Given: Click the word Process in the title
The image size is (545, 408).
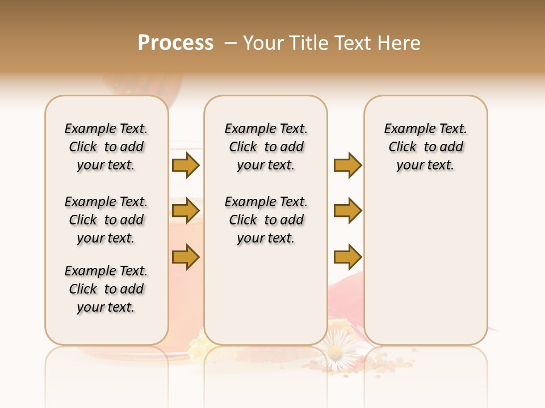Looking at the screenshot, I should [175, 42].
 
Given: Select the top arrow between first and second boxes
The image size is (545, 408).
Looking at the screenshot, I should [186, 165].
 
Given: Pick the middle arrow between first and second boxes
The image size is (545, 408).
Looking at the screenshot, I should [186, 211].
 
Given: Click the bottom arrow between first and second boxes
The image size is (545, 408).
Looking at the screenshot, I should [186, 257].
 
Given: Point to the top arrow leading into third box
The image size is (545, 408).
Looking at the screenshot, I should [347, 165].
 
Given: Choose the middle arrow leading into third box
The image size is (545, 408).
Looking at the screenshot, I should [347, 211].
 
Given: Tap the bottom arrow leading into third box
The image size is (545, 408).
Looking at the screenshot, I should [347, 257].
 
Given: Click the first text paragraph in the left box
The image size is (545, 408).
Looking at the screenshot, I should [106, 147].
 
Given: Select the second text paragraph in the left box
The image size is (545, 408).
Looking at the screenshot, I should [106, 220].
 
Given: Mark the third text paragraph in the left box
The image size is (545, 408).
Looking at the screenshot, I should [106, 289].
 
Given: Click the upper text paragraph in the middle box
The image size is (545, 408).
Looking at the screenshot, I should [266, 147].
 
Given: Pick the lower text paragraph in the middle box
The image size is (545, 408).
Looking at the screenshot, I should [266, 220].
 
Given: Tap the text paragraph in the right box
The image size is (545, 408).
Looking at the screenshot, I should [425, 147].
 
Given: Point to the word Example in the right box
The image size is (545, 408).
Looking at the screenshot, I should [405, 129].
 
